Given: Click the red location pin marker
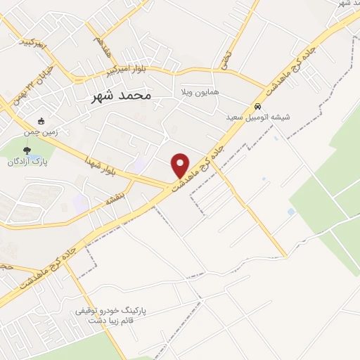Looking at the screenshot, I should (181, 165).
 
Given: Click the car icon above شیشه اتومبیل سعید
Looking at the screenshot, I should (257, 105).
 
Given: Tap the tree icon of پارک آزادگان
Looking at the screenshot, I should (27, 150).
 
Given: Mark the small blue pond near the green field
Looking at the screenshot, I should (291, 212).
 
